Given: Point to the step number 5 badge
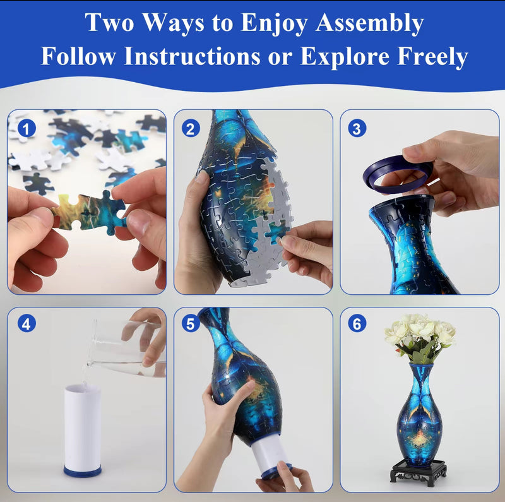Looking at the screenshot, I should click(x=191, y=325).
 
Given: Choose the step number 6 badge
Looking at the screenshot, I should click(x=357, y=325).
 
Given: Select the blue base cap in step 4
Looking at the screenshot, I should click(x=82, y=471).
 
